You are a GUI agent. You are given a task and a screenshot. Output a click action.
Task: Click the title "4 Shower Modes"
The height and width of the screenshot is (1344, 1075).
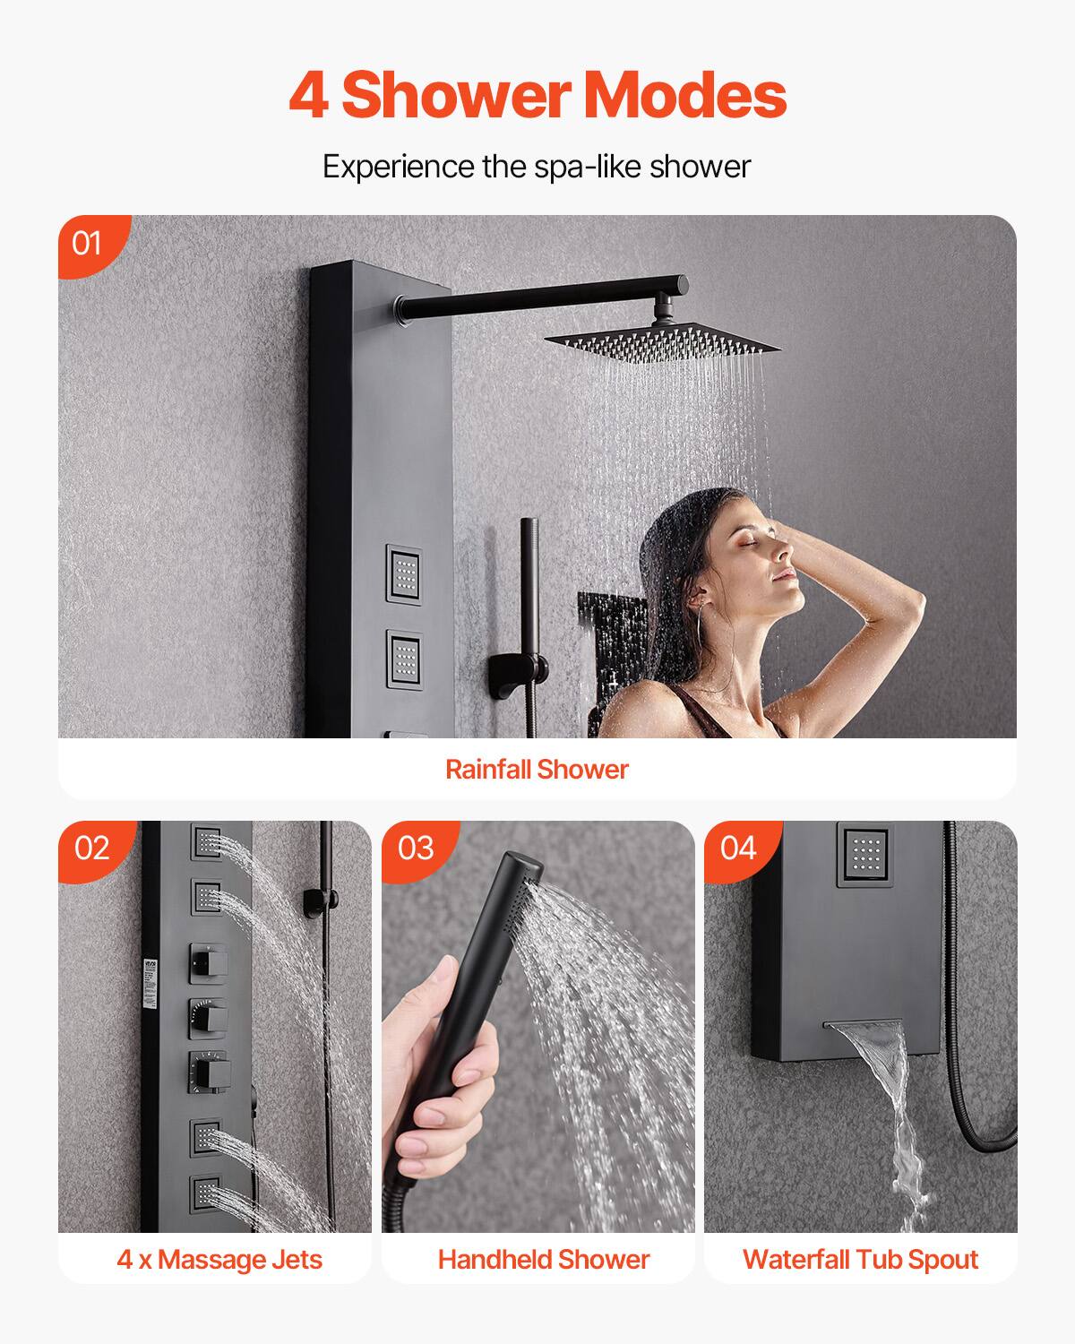[537, 96]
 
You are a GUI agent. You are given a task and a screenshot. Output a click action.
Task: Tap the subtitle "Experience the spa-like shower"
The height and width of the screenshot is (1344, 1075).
[537, 167]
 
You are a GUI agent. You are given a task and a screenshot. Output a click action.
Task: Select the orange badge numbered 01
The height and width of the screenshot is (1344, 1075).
[88, 243]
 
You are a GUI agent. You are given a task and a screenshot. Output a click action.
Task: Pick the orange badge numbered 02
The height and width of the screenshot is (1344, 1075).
[91, 848]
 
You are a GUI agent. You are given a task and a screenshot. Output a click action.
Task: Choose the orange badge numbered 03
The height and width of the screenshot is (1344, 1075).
[415, 848]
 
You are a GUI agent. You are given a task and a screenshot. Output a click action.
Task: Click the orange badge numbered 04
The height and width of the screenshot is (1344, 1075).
[737, 848]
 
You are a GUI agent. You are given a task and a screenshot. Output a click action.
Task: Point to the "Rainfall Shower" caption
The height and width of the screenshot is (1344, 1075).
[537, 769]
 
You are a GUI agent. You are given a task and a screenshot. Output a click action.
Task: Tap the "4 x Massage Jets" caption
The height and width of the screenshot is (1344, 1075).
[219, 1259]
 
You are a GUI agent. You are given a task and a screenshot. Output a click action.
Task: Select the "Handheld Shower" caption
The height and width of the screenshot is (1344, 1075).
[544, 1259]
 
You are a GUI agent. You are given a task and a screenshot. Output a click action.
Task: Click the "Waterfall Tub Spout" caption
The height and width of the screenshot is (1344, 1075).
[860, 1259]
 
